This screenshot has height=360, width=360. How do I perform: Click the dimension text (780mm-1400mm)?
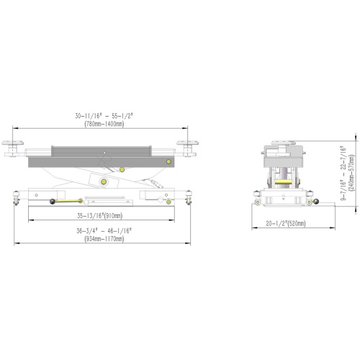pos(104,124)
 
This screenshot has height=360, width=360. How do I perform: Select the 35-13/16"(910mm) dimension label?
pos(100,216)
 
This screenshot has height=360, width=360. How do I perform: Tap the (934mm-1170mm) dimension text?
pos(104,239)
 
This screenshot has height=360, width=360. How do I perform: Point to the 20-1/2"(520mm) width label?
pos(286,224)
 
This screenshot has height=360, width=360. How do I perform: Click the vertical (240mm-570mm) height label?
pos(351,173)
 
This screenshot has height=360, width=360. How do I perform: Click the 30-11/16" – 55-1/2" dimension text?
pos(104,116)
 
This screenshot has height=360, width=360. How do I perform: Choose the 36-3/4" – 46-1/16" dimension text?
pos(104,231)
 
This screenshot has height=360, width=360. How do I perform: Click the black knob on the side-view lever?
pos(53,202)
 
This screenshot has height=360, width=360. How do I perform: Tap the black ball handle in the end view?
pos(316,202)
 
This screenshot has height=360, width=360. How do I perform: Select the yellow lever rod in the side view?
pos(68,201)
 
